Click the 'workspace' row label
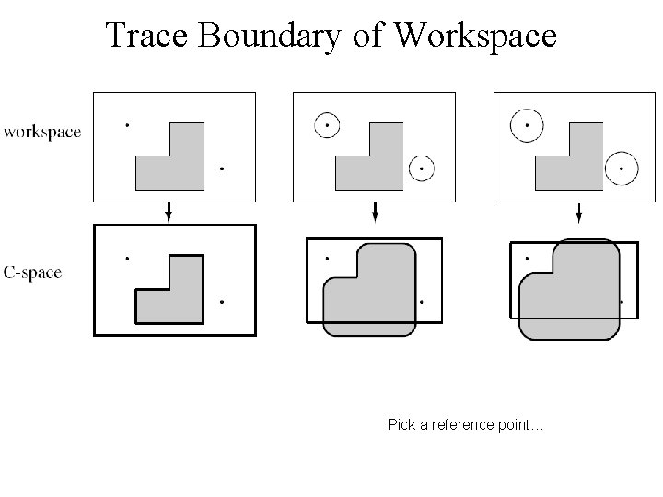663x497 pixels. coord(42,132)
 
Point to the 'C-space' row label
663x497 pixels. coord(33,272)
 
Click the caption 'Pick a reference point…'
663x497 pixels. coord(466,425)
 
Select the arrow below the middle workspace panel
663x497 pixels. coord(375,213)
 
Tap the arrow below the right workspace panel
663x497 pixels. coord(577,213)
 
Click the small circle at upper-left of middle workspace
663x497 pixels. coord(327,123)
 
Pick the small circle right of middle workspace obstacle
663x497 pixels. coord(421,168)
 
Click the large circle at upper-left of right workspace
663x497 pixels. coord(528,124)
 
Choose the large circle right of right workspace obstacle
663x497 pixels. coord(622,168)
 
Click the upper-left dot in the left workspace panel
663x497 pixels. coord(127,123)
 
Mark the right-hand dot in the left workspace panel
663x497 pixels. coord(222,168)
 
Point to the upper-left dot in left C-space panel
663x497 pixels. coord(127,258)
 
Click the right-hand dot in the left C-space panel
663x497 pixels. coord(222,302)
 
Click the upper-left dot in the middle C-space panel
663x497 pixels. coord(327,258)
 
